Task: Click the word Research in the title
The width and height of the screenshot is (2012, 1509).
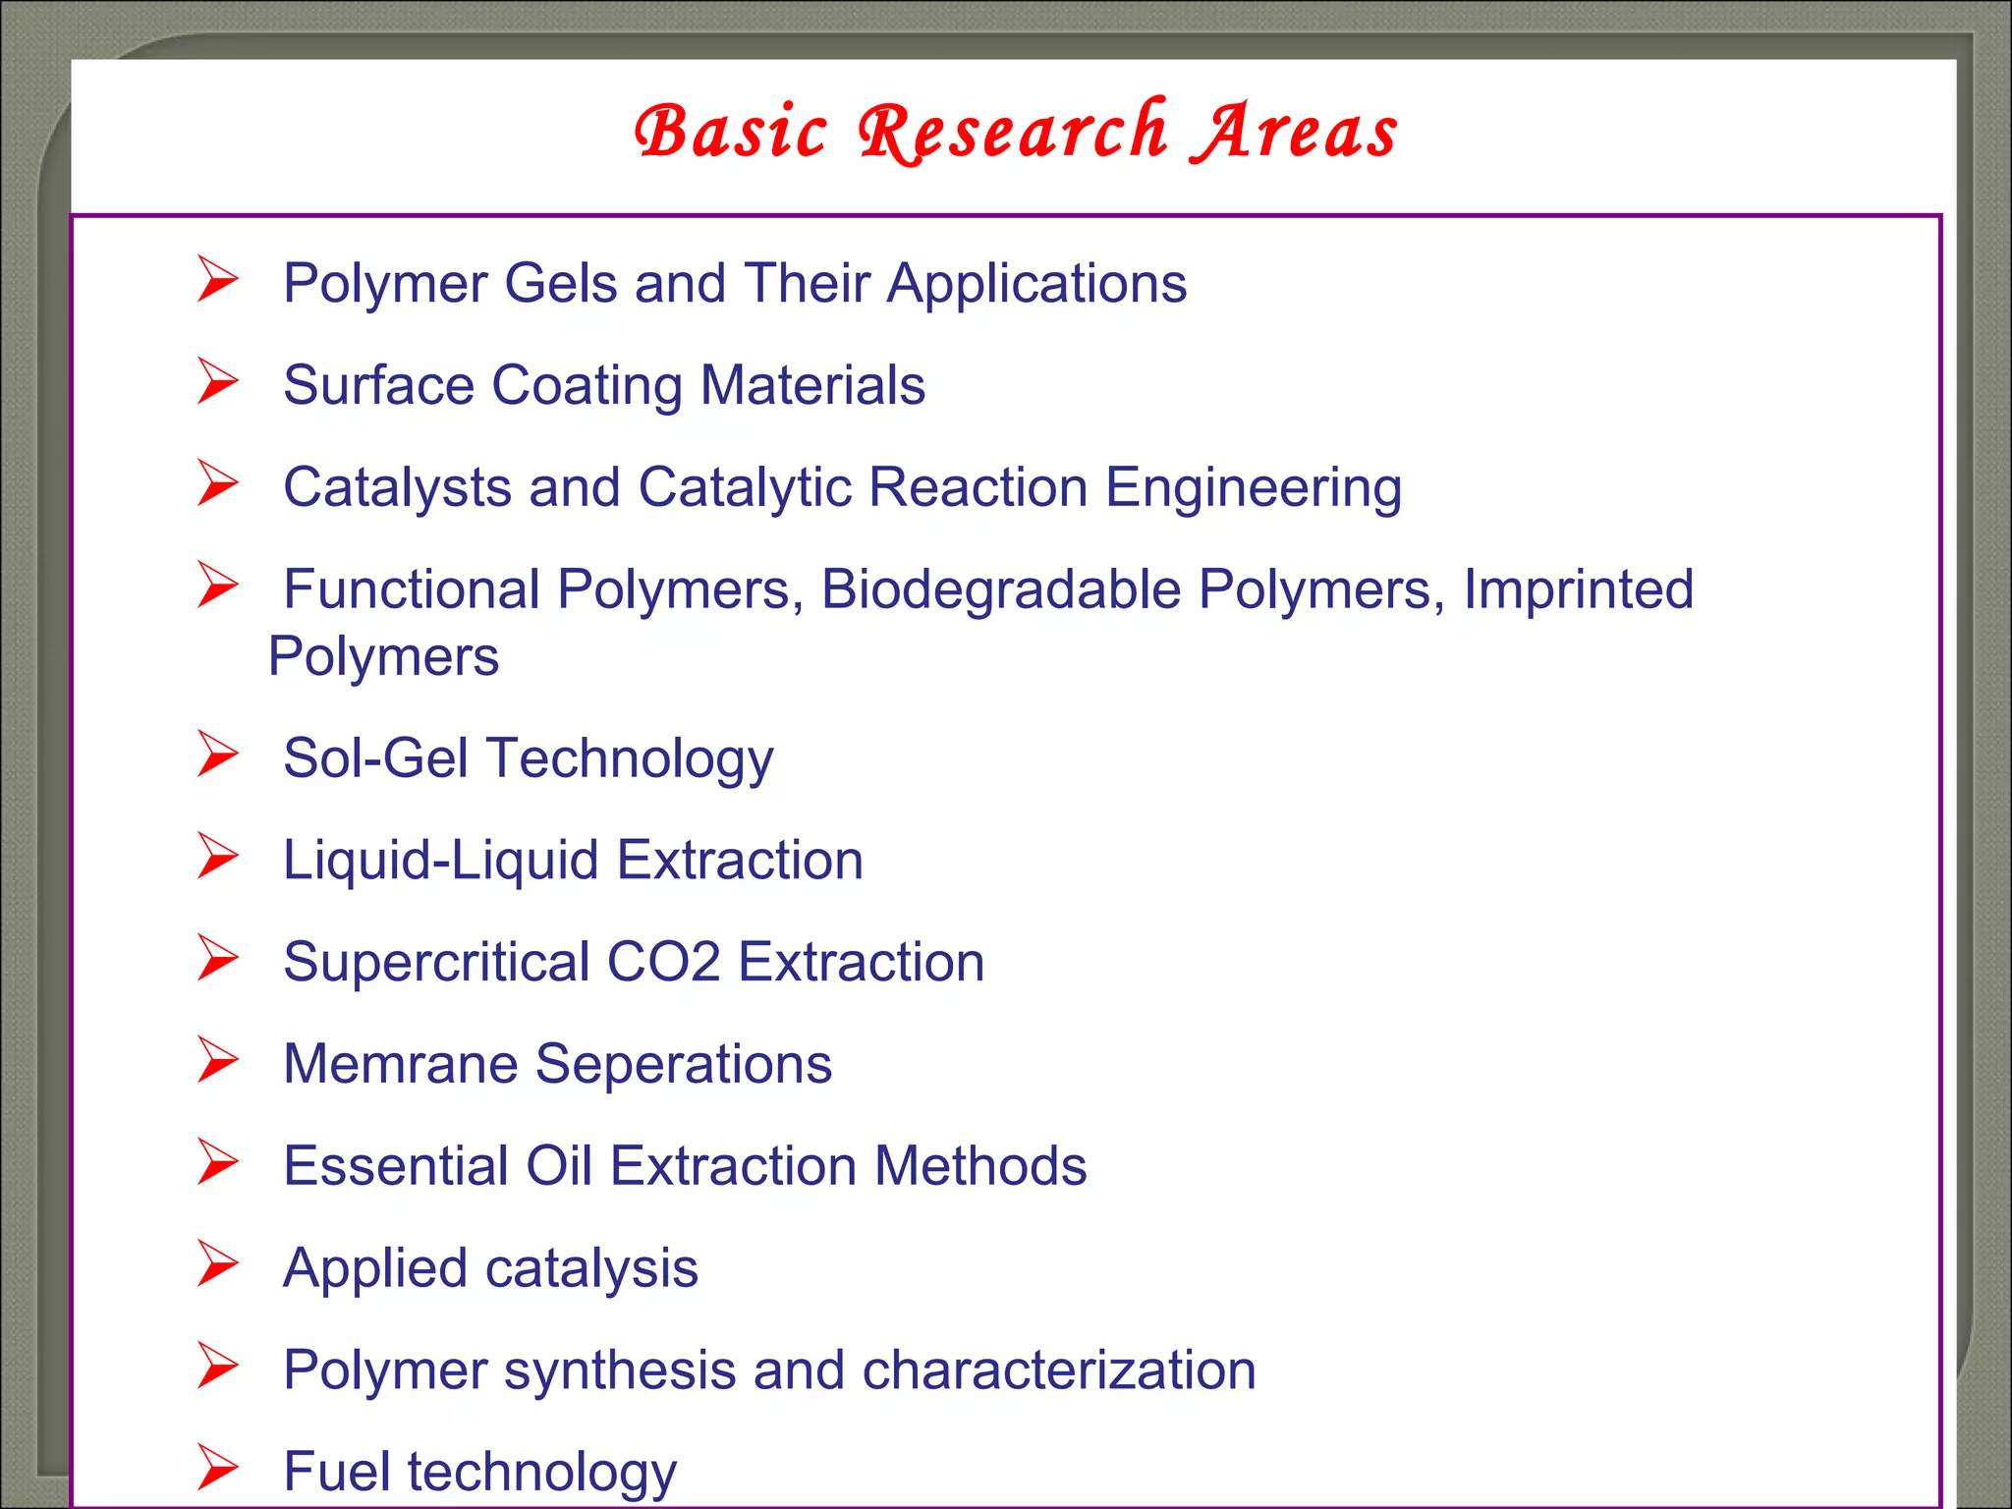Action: pyautogui.click(x=1013, y=132)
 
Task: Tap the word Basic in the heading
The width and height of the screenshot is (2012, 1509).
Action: pyautogui.click(x=731, y=132)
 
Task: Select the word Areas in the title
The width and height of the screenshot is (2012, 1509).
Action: pyautogui.click(x=1295, y=132)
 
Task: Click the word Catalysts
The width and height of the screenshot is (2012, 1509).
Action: pyautogui.click(x=397, y=487)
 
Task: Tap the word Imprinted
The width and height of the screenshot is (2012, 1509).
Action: pyautogui.click(x=1578, y=589)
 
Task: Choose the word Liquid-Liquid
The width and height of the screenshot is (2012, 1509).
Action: pyautogui.click(x=440, y=861)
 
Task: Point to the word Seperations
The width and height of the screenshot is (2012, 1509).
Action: pyautogui.click(x=683, y=1064)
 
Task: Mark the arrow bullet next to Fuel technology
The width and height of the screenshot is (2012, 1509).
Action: pyautogui.click(x=217, y=1468)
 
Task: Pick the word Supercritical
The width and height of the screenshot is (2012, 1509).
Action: pyautogui.click(x=436, y=962)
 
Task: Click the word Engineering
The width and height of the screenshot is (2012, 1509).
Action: pyautogui.click(x=1254, y=488)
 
